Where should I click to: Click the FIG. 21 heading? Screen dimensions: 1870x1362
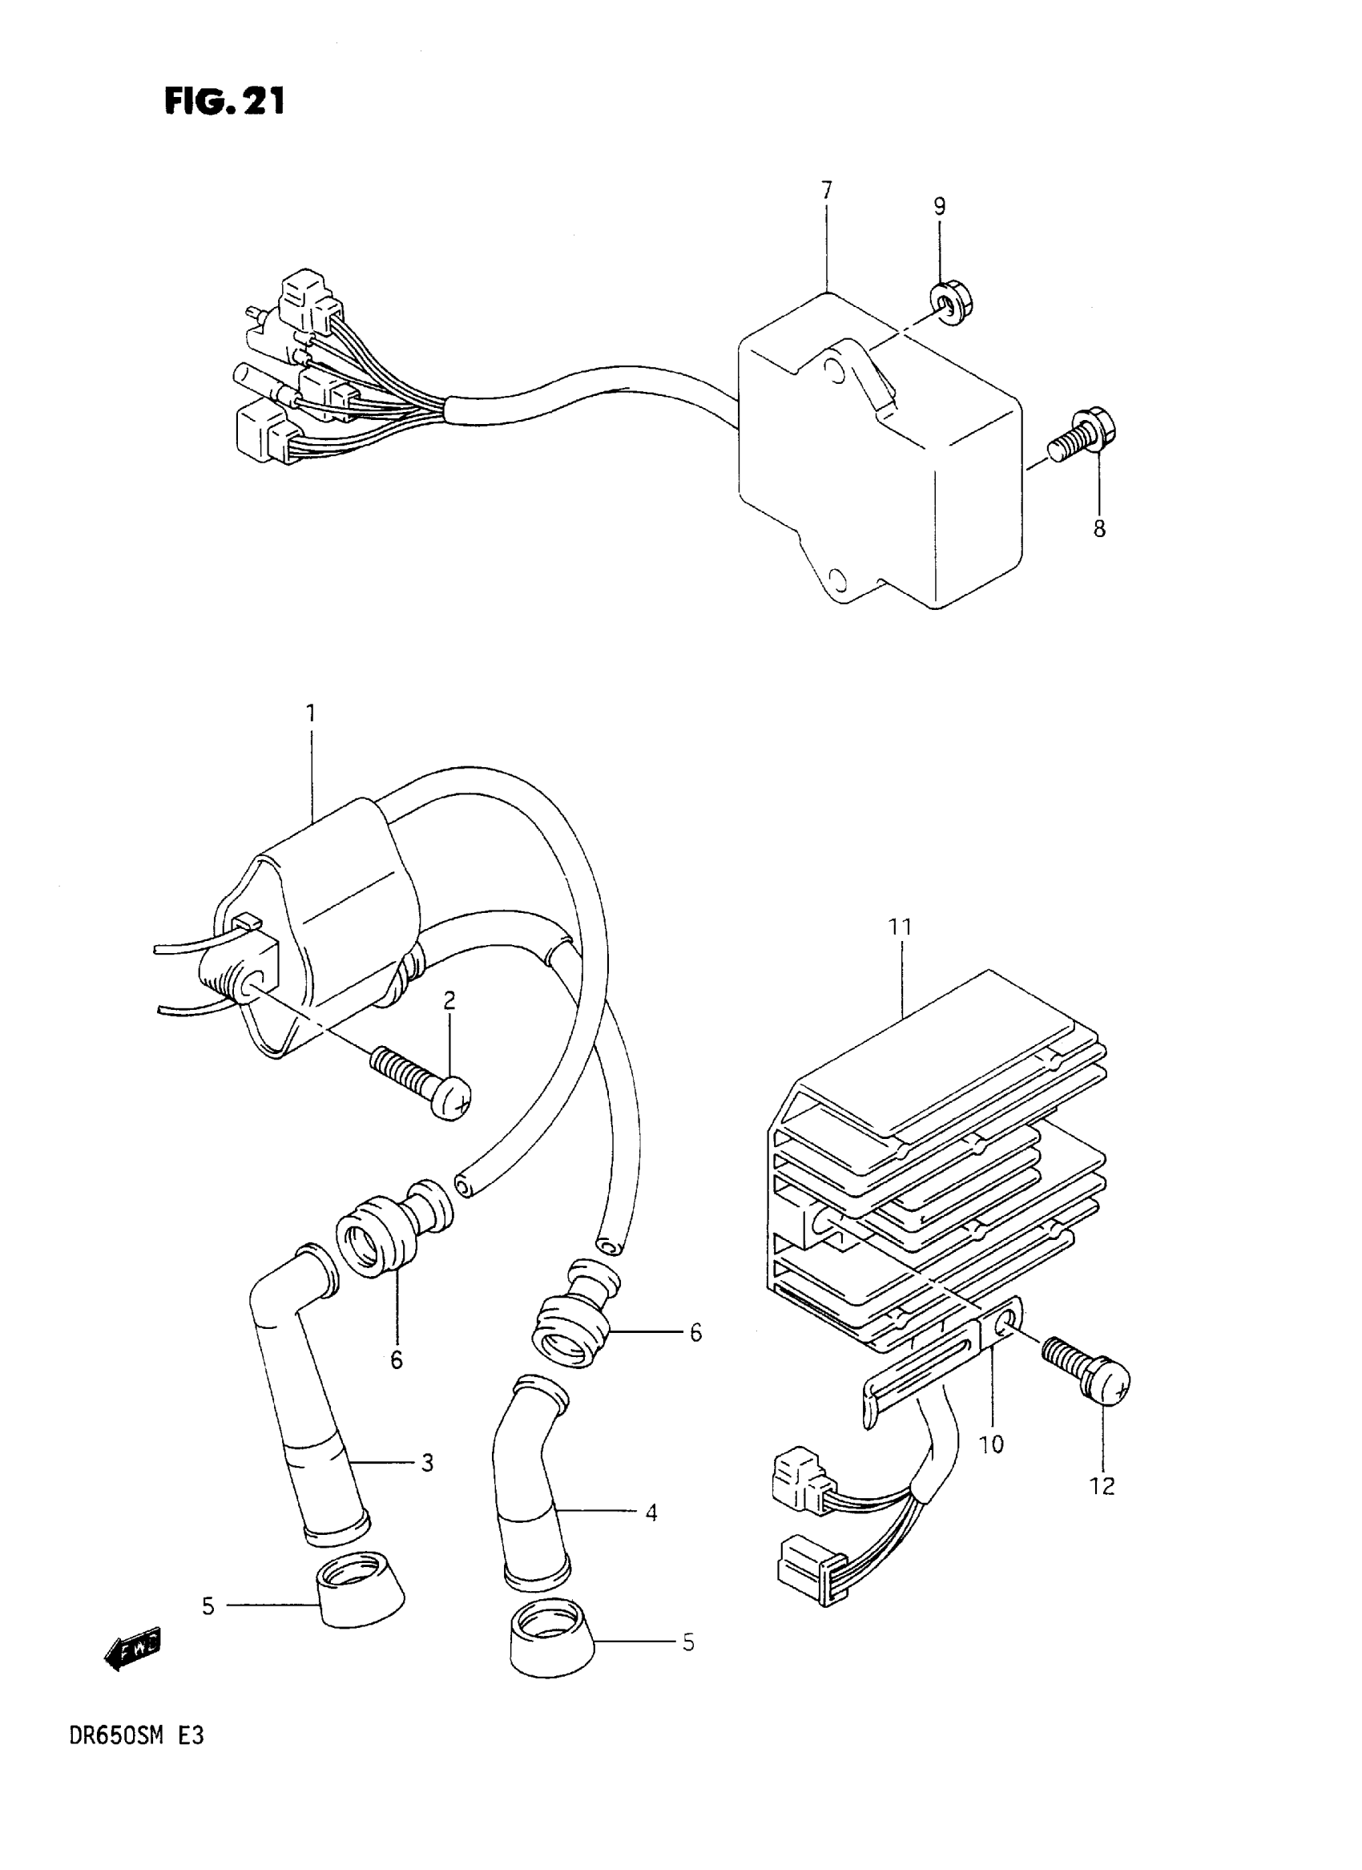click(x=224, y=101)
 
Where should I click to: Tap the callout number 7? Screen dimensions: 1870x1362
click(x=826, y=191)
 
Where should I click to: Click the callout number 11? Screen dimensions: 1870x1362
click(x=901, y=927)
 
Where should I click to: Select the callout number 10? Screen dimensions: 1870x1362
click(x=991, y=1444)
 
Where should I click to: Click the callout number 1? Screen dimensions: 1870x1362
click(x=311, y=712)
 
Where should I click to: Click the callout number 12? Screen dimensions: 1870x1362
click(x=1102, y=1485)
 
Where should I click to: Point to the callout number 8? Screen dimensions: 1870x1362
click(x=1099, y=529)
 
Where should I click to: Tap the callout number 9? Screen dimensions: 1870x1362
click(x=939, y=206)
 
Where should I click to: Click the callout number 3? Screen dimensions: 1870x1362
click(x=426, y=1463)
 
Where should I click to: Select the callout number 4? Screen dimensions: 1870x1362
click(x=651, y=1512)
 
